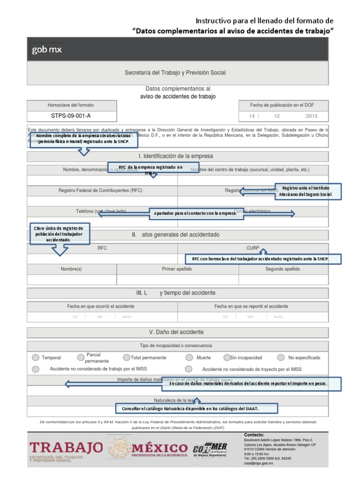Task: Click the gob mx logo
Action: (x=46, y=50)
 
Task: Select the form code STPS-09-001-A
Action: (x=71, y=116)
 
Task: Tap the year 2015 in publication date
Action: (x=312, y=116)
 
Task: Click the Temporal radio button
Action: (x=36, y=358)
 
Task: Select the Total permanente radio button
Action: (x=127, y=358)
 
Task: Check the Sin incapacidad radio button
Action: (x=227, y=358)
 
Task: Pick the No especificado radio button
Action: (x=280, y=358)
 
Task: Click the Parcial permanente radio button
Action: (x=81, y=358)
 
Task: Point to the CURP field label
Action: (x=253, y=248)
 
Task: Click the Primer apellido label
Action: (x=177, y=269)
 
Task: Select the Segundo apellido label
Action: (x=283, y=269)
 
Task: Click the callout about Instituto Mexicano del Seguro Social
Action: (x=308, y=191)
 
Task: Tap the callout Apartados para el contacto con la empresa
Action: (x=195, y=213)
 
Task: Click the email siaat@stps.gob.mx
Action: (x=259, y=463)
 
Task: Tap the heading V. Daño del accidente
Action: (x=176, y=332)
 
